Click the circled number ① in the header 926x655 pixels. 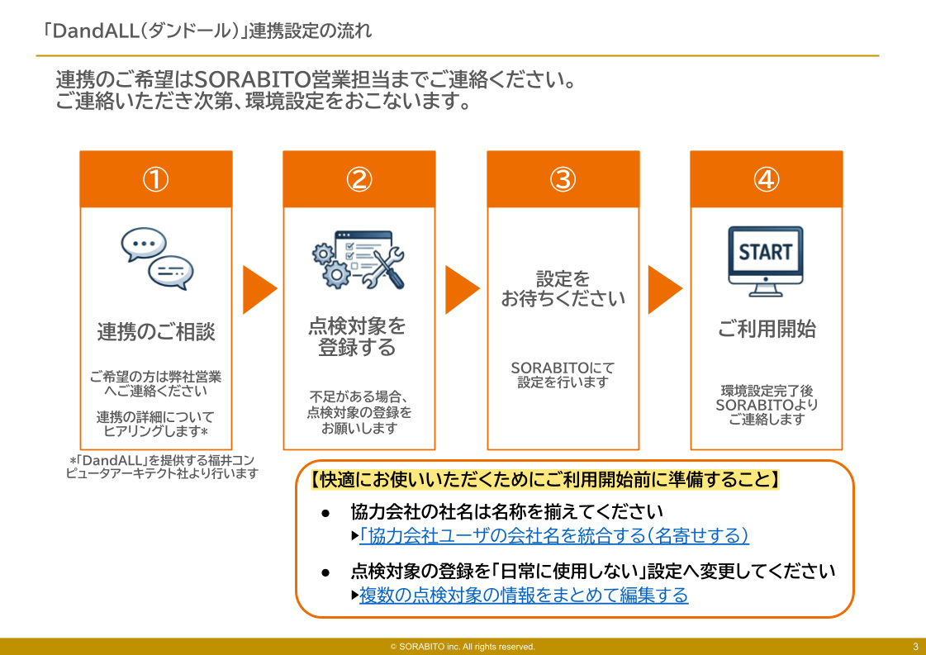click(156, 179)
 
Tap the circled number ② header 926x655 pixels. click(359, 179)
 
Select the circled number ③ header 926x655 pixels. click(563, 179)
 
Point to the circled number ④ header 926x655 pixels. click(767, 179)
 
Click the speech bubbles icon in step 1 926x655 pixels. click(156, 259)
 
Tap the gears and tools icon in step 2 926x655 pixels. click(359, 259)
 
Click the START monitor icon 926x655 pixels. click(766, 261)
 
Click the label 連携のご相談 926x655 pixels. click(156, 332)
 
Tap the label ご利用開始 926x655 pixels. click(767, 329)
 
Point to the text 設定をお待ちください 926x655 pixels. click(563, 289)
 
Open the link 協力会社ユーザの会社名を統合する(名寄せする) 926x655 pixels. click(554, 536)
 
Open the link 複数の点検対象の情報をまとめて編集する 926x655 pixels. click(524, 596)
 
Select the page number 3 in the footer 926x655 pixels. click(915, 647)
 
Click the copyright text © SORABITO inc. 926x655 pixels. click(463, 647)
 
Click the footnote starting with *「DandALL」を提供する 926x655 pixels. click(162, 467)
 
